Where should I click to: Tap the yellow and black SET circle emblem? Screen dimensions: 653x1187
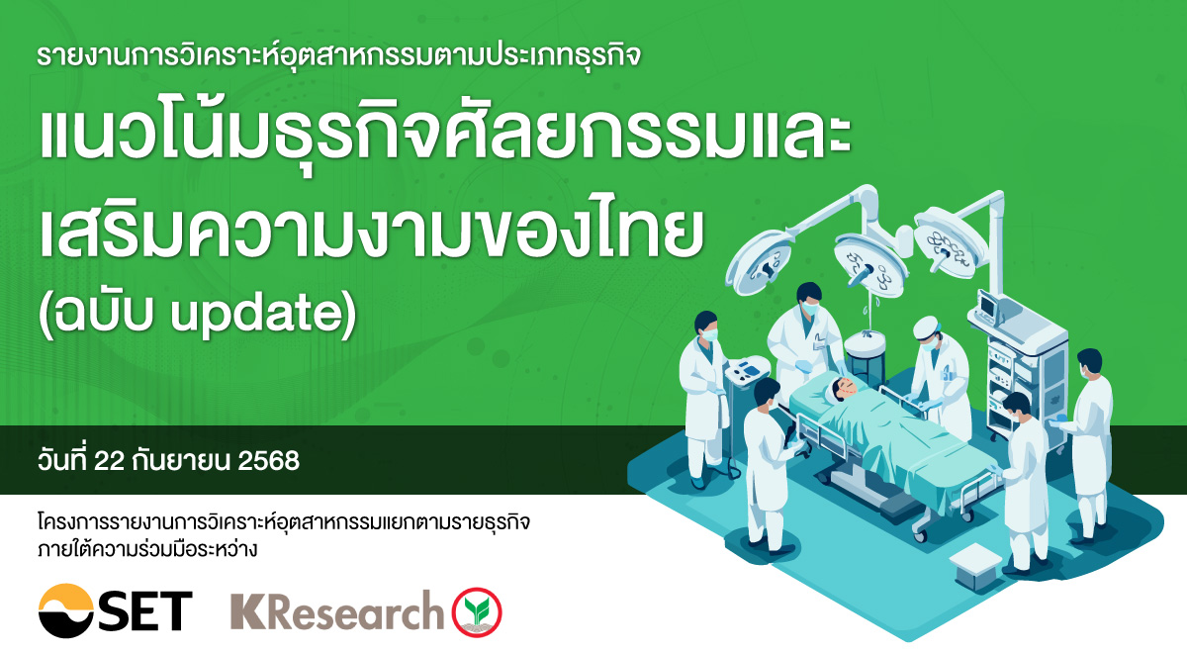click(68, 610)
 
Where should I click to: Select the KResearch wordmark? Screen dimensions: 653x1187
click(336, 610)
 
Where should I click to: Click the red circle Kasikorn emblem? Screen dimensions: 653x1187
click(477, 611)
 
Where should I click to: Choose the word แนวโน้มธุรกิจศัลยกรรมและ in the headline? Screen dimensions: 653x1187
click(445, 140)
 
